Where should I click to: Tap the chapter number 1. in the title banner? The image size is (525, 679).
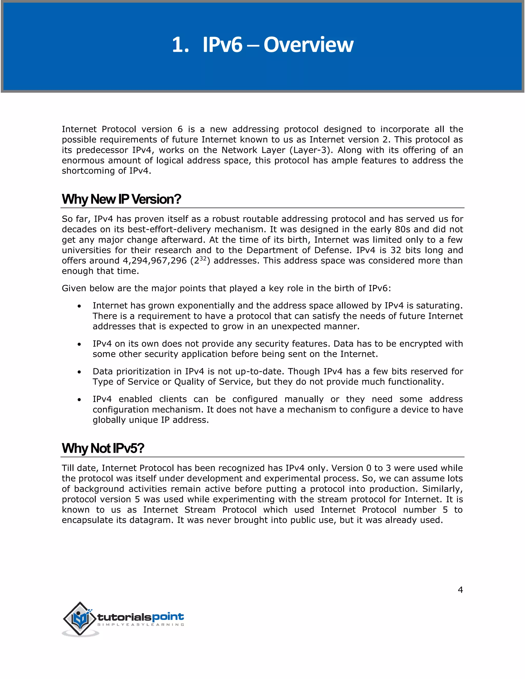tap(180, 45)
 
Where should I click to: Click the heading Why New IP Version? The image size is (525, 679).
tap(121, 199)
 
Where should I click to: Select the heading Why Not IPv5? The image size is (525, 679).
tap(103, 448)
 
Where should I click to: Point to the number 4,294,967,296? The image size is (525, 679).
tap(155, 261)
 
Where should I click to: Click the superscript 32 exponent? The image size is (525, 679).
tap(203, 258)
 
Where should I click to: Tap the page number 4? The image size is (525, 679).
tap(460, 590)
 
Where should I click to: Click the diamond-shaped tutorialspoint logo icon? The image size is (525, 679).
tap(80, 619)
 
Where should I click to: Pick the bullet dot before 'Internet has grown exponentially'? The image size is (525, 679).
tap(80, 306)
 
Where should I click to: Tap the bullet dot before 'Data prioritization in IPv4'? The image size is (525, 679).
tap(80, 372)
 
